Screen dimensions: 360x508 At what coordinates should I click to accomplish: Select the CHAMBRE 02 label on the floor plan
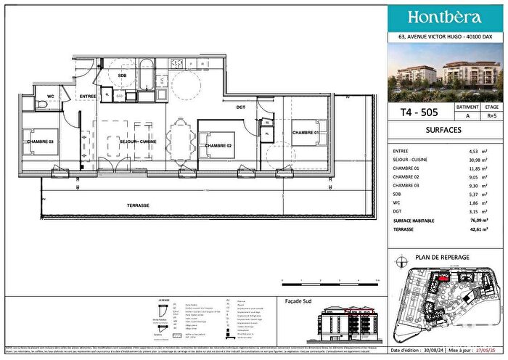click(218, 146)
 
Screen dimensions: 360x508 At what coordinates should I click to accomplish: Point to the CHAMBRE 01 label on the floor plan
click(306, 133)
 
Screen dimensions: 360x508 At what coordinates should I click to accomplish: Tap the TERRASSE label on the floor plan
click(136, 205)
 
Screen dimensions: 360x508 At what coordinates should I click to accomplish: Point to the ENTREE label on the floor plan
click(88, 96)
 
